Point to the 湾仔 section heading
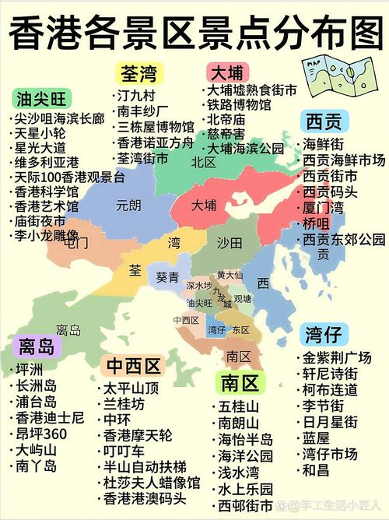(x=323, y=336)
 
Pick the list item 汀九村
(x=136, y=96)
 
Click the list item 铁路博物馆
(x=239, y=104)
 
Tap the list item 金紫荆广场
(x=336, y=358)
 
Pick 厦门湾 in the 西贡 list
(x=324, y=208)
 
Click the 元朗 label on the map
(x=128, y=206)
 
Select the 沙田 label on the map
(x=230, y=243)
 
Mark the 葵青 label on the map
(x=167, y=276)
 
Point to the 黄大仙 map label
(x=230, y=275)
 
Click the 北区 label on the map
(x=204, y=162)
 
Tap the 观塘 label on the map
(x=243, y=298)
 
